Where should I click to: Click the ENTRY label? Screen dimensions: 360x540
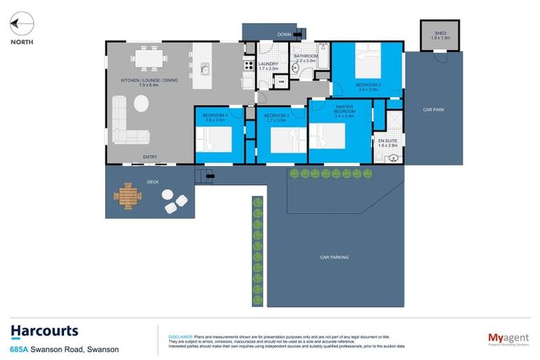pyautogui.click(x=150, y=157)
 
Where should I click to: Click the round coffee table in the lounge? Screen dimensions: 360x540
pyautogui.click(x=141, y=103)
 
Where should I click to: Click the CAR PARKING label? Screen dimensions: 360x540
pyautogui.click(x=334, y=257)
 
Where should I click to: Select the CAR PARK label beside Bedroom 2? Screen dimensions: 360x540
pyautogui.click(x=432, y=110)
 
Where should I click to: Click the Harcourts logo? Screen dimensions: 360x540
pyautogui.click(x=44, y=332)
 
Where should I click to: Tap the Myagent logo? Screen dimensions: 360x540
pyautogui.click(x=508, y=339)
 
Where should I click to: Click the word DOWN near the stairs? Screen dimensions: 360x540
pyautogui.click(x=284, y=34)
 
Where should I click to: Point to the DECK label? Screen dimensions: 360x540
pyautogui.click(x=152, y=181)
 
